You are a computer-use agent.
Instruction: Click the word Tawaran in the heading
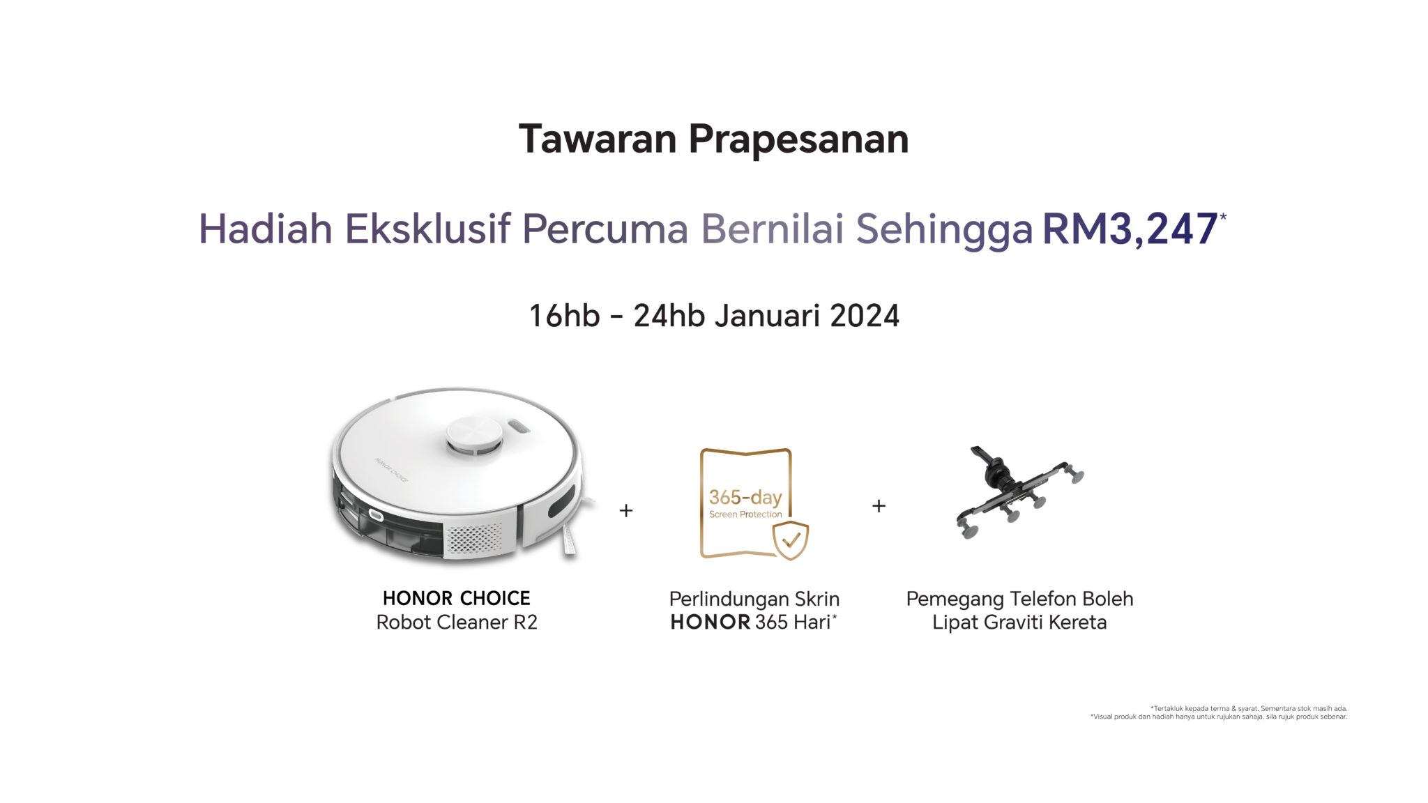coord(598,139)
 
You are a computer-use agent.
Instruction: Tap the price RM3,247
coord(1130,229)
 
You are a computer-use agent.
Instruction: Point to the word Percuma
coord(605,229)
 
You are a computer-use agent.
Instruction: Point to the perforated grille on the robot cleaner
coord(473,537)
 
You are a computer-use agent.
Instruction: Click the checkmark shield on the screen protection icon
coord(791,540)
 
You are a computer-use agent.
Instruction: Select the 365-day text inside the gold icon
coord(745,497)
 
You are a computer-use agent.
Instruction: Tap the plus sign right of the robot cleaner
coord(626,510)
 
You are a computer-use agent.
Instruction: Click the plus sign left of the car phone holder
coord(879,505)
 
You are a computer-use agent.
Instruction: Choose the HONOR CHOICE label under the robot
coord(457,598)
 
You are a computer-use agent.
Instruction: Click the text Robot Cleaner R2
coord(457,622)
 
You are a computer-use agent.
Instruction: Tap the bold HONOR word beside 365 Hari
coord(711,622)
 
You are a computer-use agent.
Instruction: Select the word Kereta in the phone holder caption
coord(1078,622)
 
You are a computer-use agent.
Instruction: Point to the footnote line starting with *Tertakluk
coord(1249,708)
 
